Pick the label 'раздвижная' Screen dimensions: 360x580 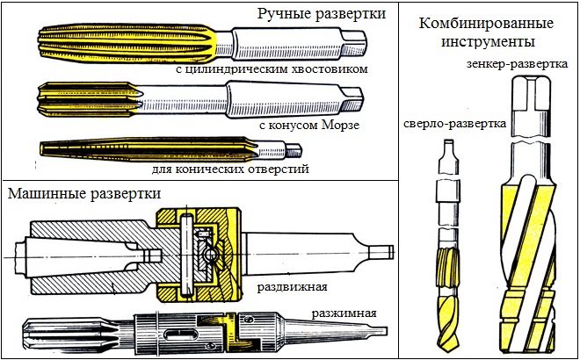(293, 286)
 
